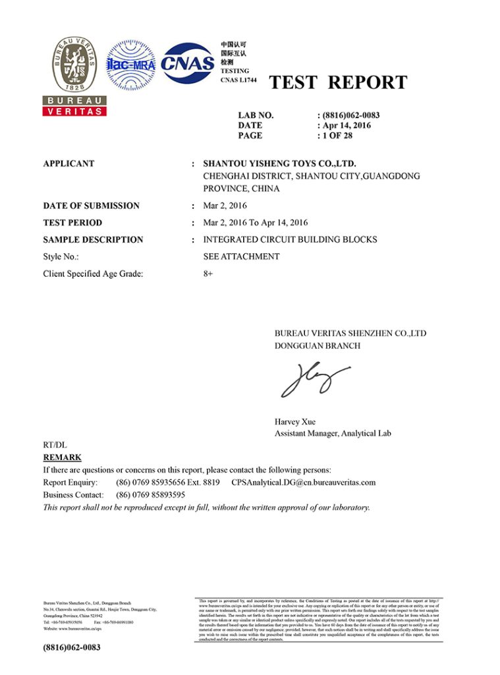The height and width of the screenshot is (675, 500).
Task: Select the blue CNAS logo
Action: coord(188,63)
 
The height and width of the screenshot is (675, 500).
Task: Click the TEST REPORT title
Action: coord(338,83)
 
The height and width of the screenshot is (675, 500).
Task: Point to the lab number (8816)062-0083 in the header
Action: coord(350,115)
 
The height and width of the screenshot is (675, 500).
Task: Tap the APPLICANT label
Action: coord(69,163)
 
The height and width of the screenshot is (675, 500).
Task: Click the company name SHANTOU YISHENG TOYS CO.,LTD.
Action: coord(279,163)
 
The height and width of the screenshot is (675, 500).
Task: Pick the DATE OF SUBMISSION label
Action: coord(91,206)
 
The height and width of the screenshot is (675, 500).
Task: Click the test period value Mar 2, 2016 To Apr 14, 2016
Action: coord(255,223)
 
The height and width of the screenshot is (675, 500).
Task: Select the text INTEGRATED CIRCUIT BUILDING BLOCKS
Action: coord(290,240)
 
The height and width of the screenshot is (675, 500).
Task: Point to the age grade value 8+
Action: coord(209,273)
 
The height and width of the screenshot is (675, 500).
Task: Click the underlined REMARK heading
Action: coord(62,457)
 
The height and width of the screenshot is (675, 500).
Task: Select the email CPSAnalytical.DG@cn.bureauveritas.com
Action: coord(303,483)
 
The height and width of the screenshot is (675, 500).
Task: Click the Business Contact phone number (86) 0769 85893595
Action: coord(150,494)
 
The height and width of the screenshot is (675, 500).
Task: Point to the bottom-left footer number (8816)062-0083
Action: coord(72,648)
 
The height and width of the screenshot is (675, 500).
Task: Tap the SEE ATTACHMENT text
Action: coord(241,256)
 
